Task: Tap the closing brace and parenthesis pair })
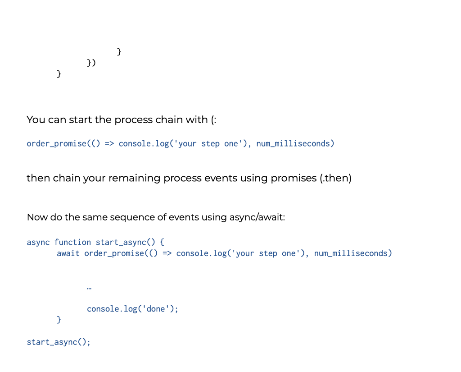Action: (x=91, y=62)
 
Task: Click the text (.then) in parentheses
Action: (x=335, y=178)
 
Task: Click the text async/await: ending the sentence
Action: (x=257, y=217)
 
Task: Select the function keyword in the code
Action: (x=72, y=242)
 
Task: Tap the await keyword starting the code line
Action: (x=68, y=253)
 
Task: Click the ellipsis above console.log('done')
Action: (x=89, y=288)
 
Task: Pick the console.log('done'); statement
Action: (x=132, y=309)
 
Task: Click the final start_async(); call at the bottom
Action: (x=59, y=342)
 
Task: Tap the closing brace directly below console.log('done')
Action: (x=59, y=320)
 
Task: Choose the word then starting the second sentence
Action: (x=38, y=178)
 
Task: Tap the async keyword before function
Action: (x=38, y=242)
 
